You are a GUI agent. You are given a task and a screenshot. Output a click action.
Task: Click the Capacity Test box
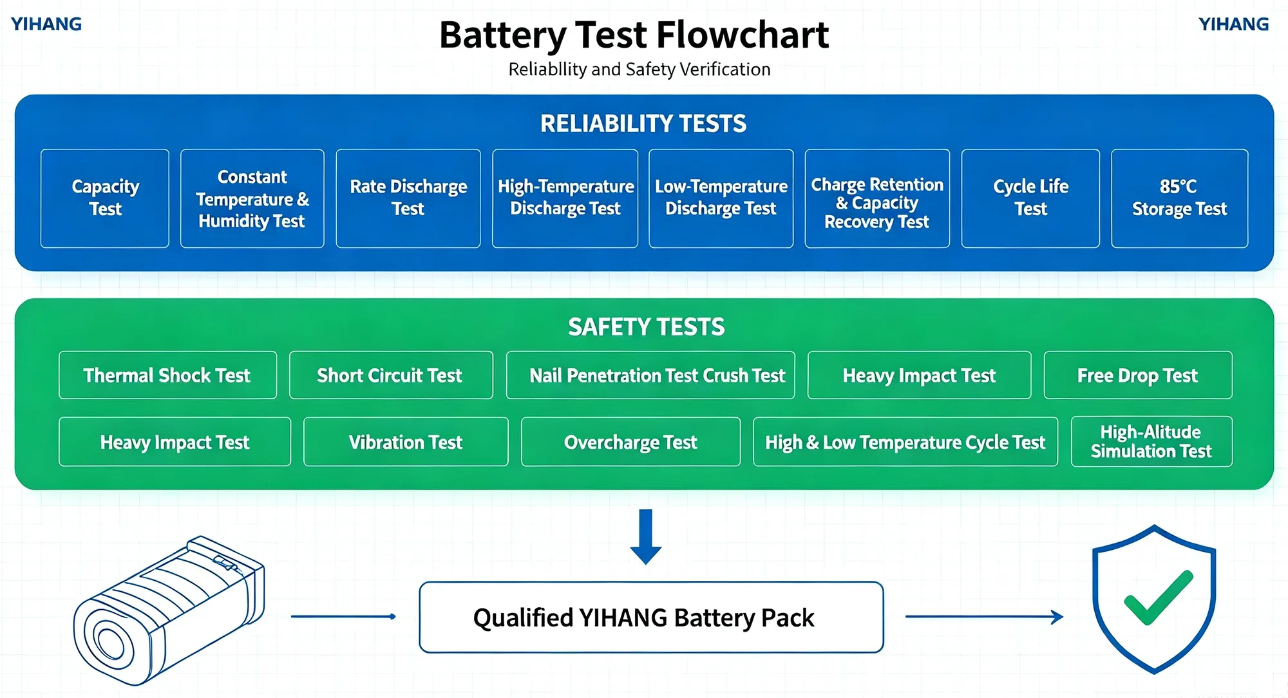tap(105, 198)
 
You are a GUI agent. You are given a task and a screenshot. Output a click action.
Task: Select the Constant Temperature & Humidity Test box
tap(252, 198)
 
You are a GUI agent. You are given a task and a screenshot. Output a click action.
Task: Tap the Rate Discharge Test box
tap(408, 198)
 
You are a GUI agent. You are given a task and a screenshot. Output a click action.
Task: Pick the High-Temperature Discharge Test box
tap(565, 198)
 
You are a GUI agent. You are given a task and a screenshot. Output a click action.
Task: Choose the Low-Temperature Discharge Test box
tap(721, 198)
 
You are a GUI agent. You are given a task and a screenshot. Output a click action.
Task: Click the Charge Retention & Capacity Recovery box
tap(877, 198)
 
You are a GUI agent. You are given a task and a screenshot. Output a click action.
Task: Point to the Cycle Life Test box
tap(1030, 198)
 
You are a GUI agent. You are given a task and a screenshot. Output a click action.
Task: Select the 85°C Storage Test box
tap(1180, 198)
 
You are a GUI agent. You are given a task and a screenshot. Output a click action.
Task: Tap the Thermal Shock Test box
tap(167, 375)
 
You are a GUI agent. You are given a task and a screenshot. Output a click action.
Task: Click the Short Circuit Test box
tap(391, 375)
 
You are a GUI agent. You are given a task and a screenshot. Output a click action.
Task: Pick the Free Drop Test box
tap(1138, 375)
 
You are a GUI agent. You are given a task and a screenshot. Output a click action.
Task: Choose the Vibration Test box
tap(406, 442)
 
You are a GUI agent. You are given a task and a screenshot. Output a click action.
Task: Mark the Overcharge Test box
tap(630, 442)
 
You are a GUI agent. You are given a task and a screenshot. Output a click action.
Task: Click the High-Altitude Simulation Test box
tap(1151, 442)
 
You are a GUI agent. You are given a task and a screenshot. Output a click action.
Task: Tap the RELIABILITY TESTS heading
tap(643, 124)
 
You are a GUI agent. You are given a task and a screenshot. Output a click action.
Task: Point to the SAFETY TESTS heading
tap(646, 327)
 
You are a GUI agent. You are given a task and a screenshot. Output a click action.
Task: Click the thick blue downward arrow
tap(646, 537)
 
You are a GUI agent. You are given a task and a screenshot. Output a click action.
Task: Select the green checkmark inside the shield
tap(1158, 597)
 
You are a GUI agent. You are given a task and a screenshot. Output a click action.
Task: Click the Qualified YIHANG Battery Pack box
tap(651, 618)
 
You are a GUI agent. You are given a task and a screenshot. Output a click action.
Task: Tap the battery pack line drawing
tap(169, 610)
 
